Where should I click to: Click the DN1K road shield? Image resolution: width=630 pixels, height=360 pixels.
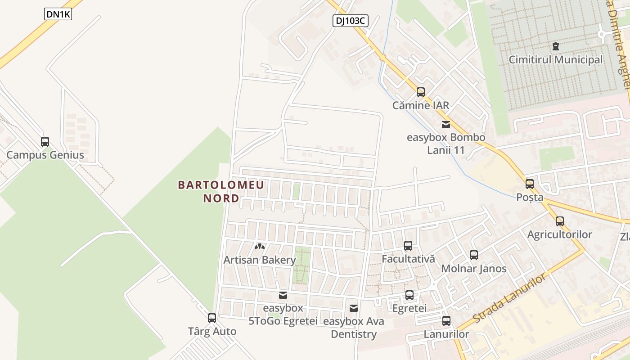point(58,14)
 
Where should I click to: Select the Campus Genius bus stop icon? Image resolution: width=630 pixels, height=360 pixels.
point(45,142)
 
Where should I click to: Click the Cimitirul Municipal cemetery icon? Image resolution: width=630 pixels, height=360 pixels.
point(556,46)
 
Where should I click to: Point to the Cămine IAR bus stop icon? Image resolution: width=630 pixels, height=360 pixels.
point(421,92)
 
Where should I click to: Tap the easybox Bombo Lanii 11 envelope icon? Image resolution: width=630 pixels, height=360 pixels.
point(445,125)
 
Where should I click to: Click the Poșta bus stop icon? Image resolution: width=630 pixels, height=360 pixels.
point(530,184)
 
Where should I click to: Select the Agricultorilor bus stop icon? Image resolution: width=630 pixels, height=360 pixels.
point(560,221)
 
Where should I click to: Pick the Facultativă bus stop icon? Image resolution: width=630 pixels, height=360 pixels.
point(408,246)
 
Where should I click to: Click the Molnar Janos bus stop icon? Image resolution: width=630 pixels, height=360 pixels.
point(474,255)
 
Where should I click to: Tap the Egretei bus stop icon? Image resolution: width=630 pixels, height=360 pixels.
point(409,295)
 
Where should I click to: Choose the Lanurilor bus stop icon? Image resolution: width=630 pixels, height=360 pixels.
point(446,321)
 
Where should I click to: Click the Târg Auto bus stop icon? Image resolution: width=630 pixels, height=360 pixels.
point(212,318)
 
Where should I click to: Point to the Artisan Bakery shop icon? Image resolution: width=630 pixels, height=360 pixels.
point(260,247)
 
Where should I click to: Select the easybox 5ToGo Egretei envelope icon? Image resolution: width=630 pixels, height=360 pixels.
point(283,295)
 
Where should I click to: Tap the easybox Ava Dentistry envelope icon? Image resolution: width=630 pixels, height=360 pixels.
point(354,308)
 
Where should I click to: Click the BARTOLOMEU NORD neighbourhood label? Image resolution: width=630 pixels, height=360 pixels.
point(221,191)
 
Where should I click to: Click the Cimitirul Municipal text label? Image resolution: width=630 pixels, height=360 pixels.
point(555,59)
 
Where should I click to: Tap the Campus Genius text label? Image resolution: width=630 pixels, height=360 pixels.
point(45,155)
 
